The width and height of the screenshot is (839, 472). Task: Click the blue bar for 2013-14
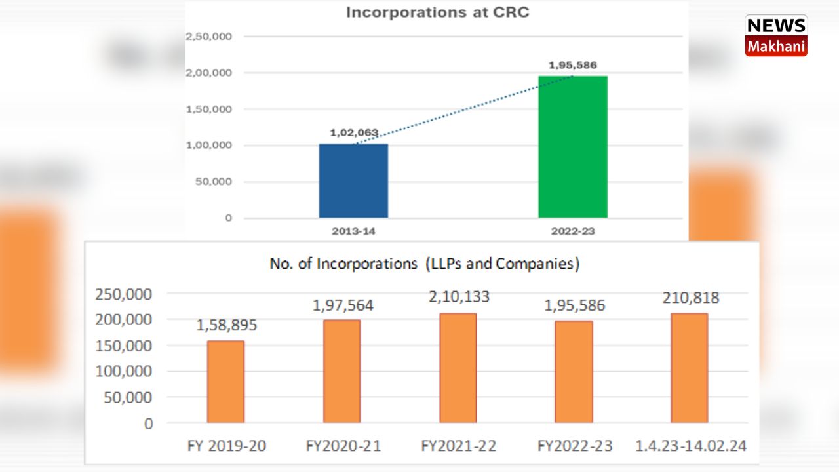tap(353, 181)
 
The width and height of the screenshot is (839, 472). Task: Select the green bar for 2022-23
tap(573, 147)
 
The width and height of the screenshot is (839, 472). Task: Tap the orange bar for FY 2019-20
tap(225, 382)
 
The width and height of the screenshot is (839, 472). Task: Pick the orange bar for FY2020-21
tap(341, 371)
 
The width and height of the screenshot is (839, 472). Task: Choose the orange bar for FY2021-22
tap(458, 368)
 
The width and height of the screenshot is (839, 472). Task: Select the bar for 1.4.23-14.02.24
tap(690, 368)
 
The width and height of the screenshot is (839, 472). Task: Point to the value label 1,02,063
tap(354, 133)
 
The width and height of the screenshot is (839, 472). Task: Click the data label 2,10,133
tap(458, 297)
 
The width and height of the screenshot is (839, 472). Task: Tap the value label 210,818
tap(690, 298)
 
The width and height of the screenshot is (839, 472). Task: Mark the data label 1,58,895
tap(226, 325)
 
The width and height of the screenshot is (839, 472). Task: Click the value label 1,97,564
tap(342, 305)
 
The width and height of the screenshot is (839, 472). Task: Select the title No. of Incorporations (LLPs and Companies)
tap(425, 264)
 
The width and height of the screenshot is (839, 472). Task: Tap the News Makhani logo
tap(776, 36)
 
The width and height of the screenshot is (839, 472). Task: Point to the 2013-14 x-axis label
tap(353, 231)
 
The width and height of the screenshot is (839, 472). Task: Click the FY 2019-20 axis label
tap(226, 446)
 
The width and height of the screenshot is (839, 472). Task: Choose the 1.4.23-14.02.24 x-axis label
tap(691, 446)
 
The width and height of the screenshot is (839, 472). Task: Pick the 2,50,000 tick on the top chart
tap(208, 37)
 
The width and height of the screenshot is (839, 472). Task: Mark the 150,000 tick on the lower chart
tap(124, 345)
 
